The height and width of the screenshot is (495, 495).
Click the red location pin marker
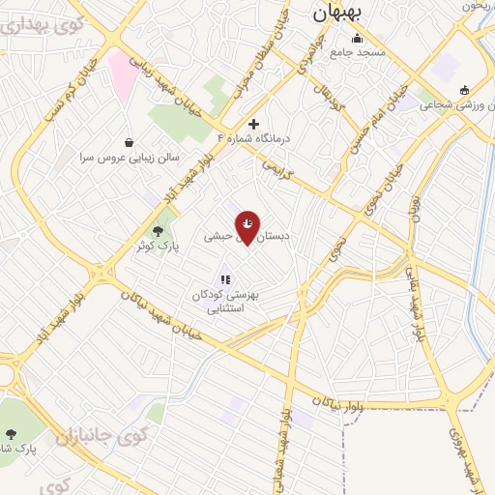(x=247, y=227)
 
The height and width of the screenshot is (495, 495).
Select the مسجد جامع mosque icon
(x=358, y=39)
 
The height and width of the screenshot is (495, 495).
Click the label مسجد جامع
(x=359, y=52)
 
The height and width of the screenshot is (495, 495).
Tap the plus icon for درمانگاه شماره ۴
(x=253, y=124)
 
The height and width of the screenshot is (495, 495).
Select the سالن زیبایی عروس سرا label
(x=129, y=157)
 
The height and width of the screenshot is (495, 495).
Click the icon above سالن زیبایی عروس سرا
(x=130, y=142)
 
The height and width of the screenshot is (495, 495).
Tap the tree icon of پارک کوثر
(x=158, y=231)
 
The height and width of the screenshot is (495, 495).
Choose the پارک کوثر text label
(x=157, y=247)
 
